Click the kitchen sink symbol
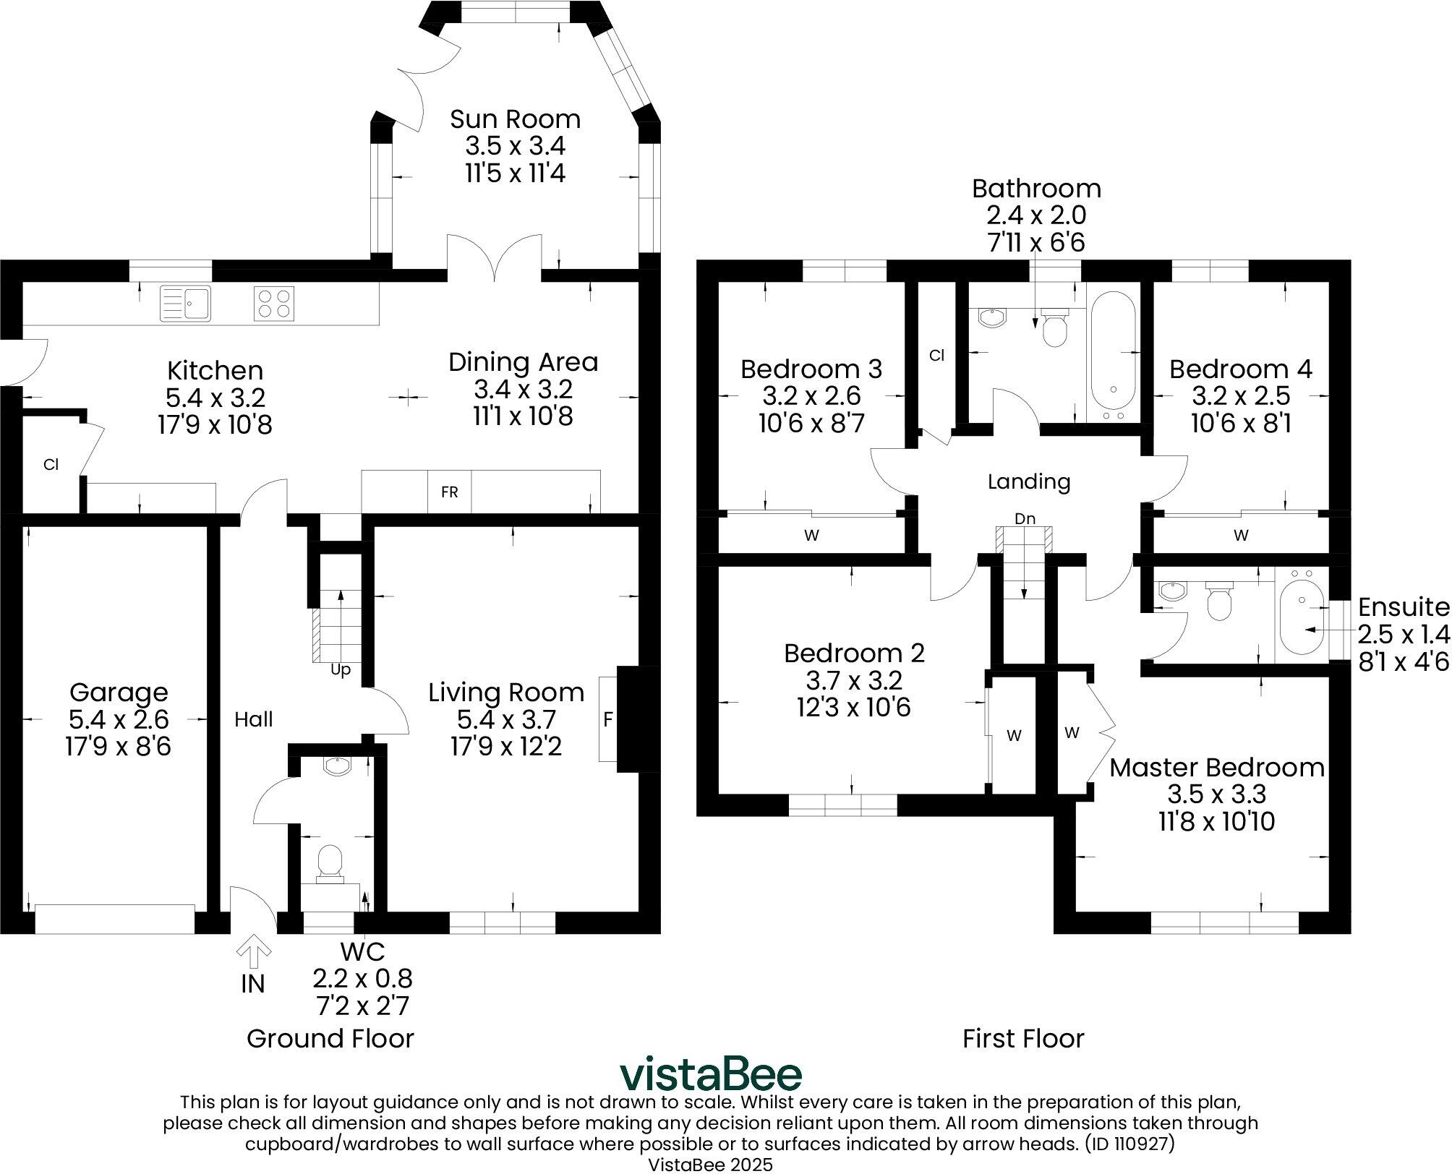coord(185,303)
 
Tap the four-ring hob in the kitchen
coord(274,304)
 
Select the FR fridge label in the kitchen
coord(449,492)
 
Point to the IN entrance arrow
coord(253,954)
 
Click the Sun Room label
coord(515,119)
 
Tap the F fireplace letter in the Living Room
coord(607,719)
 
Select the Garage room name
coord(119,693)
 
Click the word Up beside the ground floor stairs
coord(340,669)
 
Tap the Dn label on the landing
coord(1025,518)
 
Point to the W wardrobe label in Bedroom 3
coord(811,536)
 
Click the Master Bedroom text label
coord(1217,768)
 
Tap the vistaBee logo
coord(711,1075)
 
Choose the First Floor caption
coord(1023,1039)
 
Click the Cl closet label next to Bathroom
coord(936,356)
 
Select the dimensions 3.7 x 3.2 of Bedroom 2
coord(854,680)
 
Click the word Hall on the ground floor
coord(253,719)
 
